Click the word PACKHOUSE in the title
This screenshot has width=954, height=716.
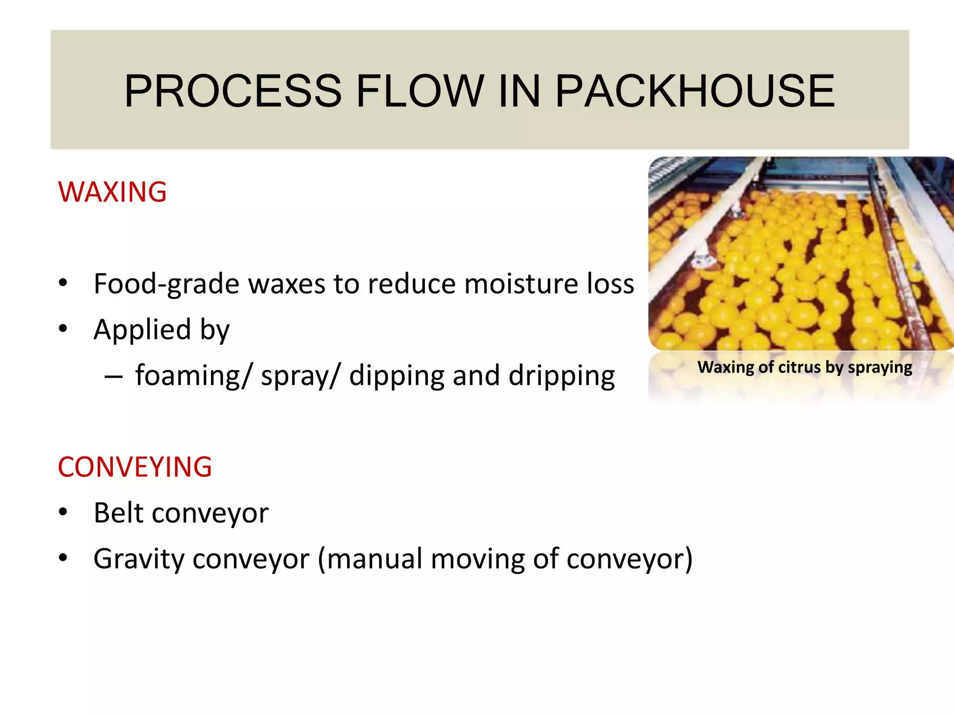pyautogui.click(x=695, y=91)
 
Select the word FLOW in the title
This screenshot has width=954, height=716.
pyautogui.click(x=420, y=91)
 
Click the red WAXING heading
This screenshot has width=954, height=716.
pyautogui.click(x=112, y=192)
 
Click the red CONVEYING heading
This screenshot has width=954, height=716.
pyautogui.click(x=135, y=467)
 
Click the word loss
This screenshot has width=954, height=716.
pyautogui.click(x=610, y=284)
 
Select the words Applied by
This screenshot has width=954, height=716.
pyautogui.click(x=161, y=330)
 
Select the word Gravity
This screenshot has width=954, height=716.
pyautogui.click(x=138, y=559)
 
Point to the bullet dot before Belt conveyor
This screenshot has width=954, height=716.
pyautogui.click(x=63, y=512)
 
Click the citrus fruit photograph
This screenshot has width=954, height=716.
pyautogui.click(x=800, y=254)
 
